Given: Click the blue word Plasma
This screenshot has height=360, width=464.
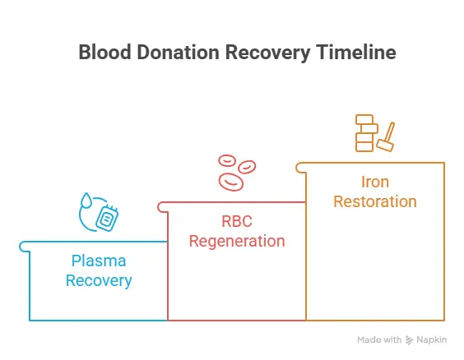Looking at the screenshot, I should pos(100,262).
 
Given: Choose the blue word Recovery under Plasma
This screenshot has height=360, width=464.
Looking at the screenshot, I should pos(100,281).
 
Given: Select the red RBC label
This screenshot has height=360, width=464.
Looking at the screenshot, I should pos(237,223).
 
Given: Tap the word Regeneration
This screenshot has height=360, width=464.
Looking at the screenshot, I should pos(237,242).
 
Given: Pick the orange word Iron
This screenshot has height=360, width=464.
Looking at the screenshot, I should pos(375,182).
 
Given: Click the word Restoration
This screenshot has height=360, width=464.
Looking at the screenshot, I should pos(375,201).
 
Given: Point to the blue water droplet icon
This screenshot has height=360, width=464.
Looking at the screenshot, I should pos(86,201).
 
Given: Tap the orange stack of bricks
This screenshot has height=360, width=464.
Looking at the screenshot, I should pos(365,133).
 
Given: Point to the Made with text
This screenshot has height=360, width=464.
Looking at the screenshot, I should pos(379,339).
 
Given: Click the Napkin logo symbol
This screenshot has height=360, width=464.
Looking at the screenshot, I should pos(410,339).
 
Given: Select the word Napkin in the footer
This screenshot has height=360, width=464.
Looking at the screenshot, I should pos(433,339).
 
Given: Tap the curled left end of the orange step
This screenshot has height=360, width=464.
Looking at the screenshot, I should pos(300,167).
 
